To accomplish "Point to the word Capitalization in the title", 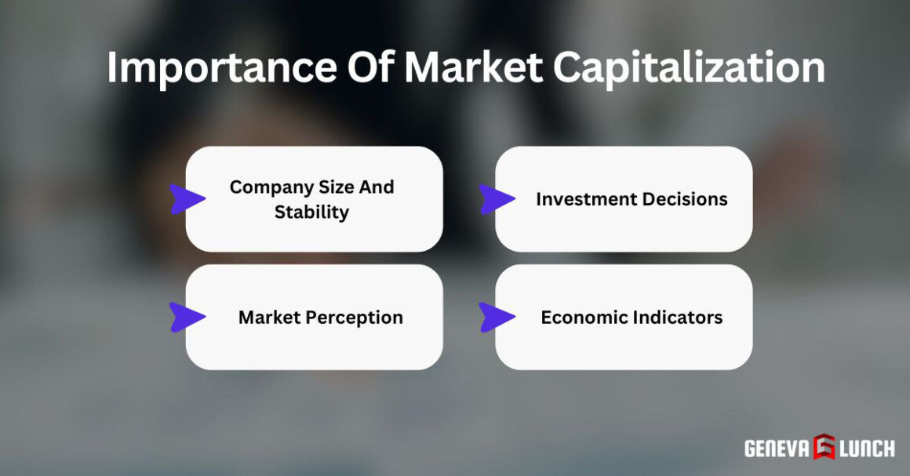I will pos(689,68).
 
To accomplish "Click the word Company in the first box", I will pos(268,187).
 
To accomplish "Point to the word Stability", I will pos(311,212).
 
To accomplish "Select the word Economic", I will pos(579,318).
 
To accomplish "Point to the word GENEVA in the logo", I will pos(777,448).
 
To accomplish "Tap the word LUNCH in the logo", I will pos(867,448).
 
